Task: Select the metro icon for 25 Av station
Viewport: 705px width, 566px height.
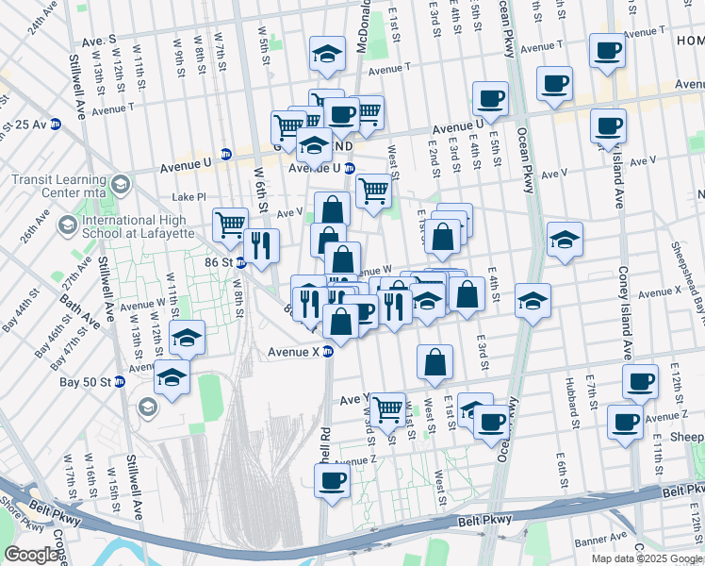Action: pos(56,124)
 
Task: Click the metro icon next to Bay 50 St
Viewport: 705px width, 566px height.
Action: pos(120,382)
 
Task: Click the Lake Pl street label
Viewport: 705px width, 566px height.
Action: pos(188,197)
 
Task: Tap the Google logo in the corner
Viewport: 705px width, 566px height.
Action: pos(31,555)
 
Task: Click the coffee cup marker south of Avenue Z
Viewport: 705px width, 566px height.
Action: pos(331,481)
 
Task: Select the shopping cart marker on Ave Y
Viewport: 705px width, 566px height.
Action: pos(387,408)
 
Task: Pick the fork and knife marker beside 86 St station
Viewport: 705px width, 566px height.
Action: pos(261,245)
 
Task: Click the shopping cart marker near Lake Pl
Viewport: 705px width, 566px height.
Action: pos(230,225)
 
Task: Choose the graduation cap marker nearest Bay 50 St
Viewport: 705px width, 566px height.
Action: pos(171,376)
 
